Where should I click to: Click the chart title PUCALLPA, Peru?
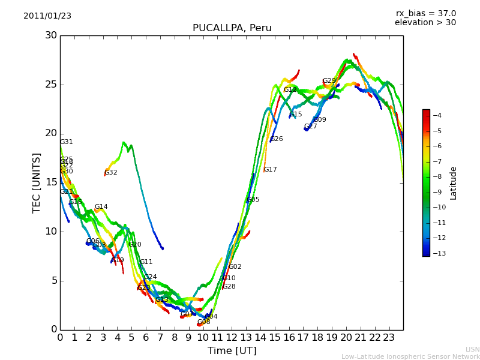pyautogui.click(x=232, y=28)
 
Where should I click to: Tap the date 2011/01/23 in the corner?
pyautogui.click(x=47, y=16)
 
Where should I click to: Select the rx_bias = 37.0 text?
pyautogui.click(x=425, y=14)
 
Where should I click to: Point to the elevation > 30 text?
pyautogui.click(x=425, y=23)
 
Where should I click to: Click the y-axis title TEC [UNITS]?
pyautogui.click(x=37, y=182)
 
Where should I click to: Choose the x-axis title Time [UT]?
pyautogui.click(x=232, y=350)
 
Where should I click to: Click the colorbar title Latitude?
pyautogui.click(x=454, y=183)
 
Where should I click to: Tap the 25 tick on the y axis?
pyautogui.click(x=52, y=85)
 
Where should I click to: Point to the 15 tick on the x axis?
pyautogui.click(x=275, y=337)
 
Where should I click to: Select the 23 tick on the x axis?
pyautogui.click(x=389, y=337)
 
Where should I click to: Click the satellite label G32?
pyautogui.click(x=111, y=173)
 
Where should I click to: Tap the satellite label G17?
pyautogui.click(x=270, y=170)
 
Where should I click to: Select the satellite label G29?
pyautogui.click(x=329, y=81)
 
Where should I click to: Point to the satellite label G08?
pyautogui.click(x=203, y=322)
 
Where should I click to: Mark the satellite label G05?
pyautogui.click(x=253, y=200)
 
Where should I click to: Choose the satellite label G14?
pyautogui.click(x=101, y=207)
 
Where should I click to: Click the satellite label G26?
pyautogui.click(x=277, y=139)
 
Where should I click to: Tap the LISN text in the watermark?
pyautogui.click(x=472, y=349)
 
